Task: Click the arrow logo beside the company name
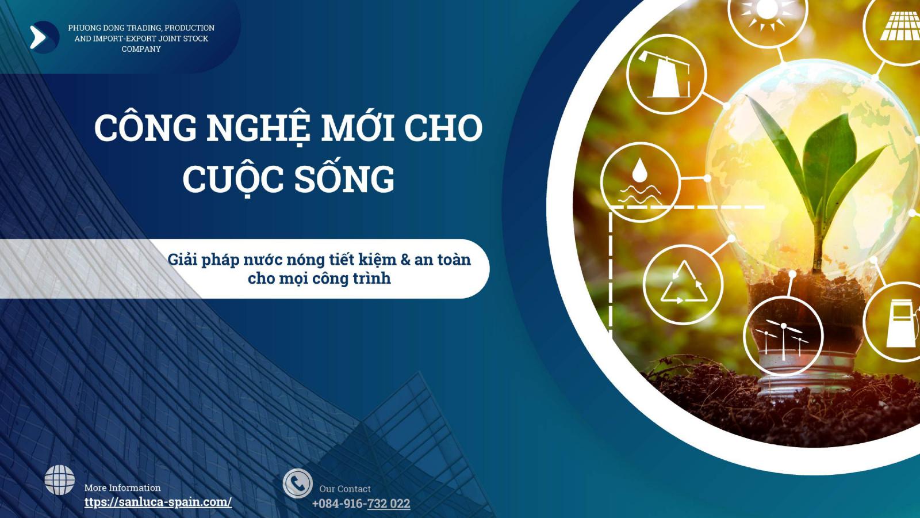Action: pyautogui.click(x=44, y=37)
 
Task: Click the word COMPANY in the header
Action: pyautogui.click(x=141, y=49)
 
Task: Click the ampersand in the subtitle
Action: pyautogui.click(x=405, y=260)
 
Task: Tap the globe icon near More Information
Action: pyautogui.click(x=60, y=480)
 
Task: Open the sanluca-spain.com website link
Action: pyautogui.click(x=158, y=502)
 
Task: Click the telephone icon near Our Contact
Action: pyautogui.click(x=298, y=483)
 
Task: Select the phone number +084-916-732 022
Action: pyautogui.click(x=361, y=503)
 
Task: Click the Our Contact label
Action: pyautogui.click(x=345, y=489)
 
